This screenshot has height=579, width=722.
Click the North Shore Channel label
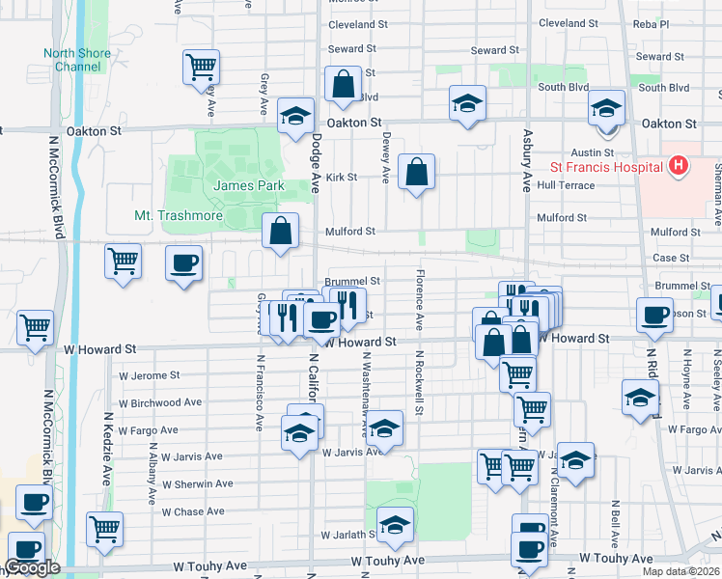click(71, 60)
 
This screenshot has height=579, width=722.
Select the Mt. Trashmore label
click(175, 216)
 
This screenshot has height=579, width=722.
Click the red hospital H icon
click(679, 166)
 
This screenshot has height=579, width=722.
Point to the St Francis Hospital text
click(605, 166)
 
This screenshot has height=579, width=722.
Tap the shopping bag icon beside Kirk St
click(415, 173)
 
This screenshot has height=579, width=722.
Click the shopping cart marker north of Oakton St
click(202, 67)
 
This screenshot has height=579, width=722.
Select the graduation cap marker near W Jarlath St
click(395, 525)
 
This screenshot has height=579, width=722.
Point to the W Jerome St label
click(149, 375)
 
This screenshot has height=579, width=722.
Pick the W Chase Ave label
click(193, 511)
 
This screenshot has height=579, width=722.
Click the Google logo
click(34, 567)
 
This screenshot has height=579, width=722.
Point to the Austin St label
click(593, 152)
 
